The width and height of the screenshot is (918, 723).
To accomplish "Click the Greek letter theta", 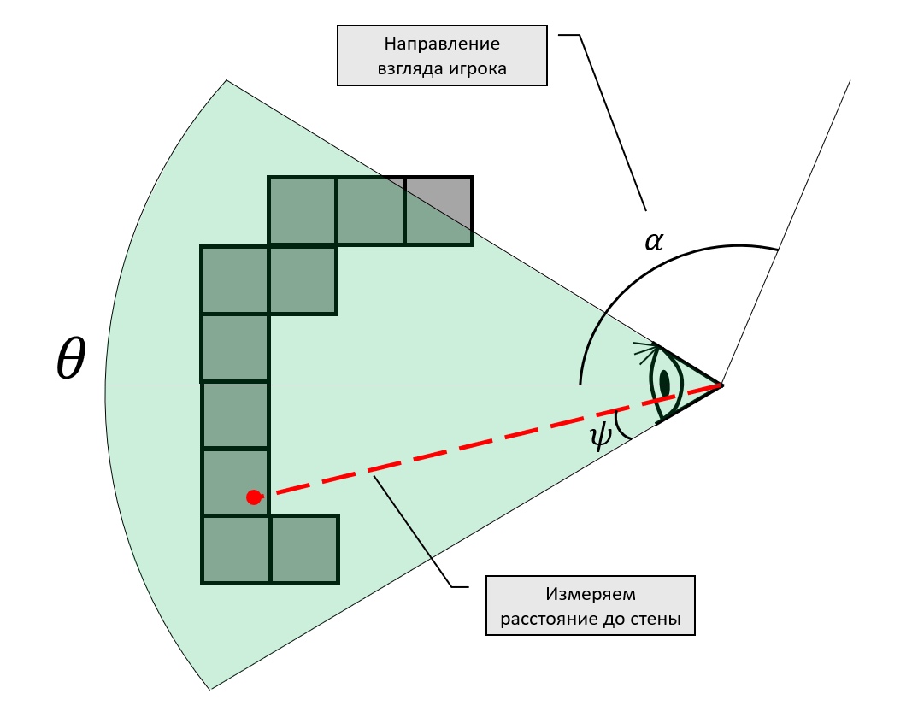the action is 71,358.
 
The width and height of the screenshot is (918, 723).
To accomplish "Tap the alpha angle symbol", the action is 654,241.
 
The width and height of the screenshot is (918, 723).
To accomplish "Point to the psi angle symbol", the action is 600,436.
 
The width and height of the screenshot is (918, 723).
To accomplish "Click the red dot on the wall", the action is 254,497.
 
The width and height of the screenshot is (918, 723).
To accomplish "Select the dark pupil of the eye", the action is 664,384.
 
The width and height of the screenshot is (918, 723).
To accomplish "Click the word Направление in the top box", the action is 442,44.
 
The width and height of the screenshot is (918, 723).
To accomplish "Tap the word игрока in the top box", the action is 479,68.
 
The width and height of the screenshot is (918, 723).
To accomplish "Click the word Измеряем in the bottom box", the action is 590,594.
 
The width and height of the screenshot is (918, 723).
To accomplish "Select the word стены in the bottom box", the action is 658,618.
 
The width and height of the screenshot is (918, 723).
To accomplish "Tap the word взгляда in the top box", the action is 411,68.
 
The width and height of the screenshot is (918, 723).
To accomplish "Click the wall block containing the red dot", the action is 235,482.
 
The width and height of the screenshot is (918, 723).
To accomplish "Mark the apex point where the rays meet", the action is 722,385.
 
